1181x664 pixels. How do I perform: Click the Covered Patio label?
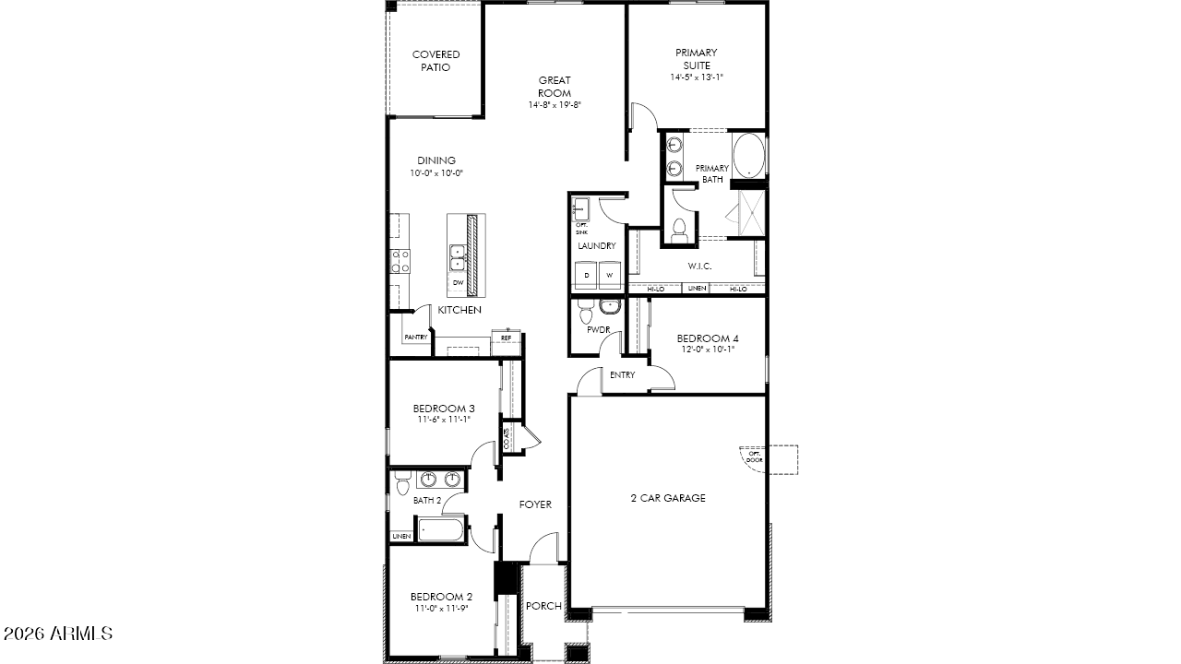point(435,61)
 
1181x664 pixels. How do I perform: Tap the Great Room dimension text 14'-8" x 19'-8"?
point(555,105)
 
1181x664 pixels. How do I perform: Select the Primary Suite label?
point(697,59)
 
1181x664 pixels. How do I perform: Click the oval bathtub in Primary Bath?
point(748,157)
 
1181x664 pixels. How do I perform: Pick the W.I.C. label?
point(699,267)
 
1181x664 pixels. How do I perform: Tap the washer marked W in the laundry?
point(610,275)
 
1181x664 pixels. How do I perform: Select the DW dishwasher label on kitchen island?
point(458,283)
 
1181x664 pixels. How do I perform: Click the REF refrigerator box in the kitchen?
point(507,338)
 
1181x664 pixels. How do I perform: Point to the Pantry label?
point(415,338)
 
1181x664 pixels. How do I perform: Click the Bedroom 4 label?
point(708,338)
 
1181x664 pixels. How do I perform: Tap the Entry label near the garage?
point(623,374)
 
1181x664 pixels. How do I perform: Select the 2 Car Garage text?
point(668,498)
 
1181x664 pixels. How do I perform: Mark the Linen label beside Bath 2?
point(400,536)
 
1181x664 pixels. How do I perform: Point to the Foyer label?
point(535,504)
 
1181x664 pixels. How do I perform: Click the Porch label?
point(543,606)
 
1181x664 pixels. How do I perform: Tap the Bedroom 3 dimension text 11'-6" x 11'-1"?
point(444,420)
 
